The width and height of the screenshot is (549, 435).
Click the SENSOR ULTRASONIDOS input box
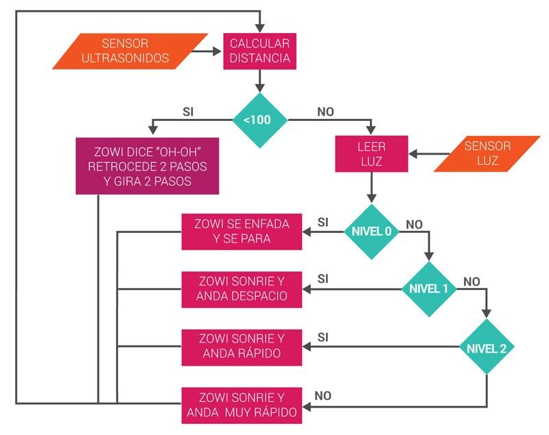tap(130, 51)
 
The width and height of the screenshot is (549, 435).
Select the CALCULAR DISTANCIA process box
tap(260, 51)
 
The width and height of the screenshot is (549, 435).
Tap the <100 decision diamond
tap(260, 120)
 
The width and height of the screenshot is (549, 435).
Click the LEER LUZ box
tap(371, 154)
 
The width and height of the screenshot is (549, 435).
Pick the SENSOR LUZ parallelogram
tap(487, 154)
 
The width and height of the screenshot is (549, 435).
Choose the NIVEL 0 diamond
tap(371, 232)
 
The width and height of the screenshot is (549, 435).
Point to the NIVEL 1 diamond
tap(429, 289)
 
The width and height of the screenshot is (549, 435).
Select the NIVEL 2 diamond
tap(487, 346)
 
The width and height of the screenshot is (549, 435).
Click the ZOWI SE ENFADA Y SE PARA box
tap(242, 232)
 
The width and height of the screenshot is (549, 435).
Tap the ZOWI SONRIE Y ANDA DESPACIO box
tap(242, 289)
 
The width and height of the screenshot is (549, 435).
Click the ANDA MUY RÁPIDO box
tap(242, 405)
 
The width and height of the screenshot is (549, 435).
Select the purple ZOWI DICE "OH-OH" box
tap(148, 166)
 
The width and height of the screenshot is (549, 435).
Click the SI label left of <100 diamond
tap(188, 112)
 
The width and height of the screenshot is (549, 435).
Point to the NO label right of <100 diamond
tap(325, 112)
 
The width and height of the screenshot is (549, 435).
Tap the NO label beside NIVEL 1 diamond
tap(471, 282)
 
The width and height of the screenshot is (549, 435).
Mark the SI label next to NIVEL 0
tap(323, 222)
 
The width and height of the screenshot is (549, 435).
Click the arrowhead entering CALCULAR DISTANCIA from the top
tap(260, 28)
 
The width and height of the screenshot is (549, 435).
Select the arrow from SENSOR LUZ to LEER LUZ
tap(429, 154)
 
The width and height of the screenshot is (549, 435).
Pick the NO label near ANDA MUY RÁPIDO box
tap(323, 396)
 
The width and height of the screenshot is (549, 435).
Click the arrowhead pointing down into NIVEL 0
tap(371, 199)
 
